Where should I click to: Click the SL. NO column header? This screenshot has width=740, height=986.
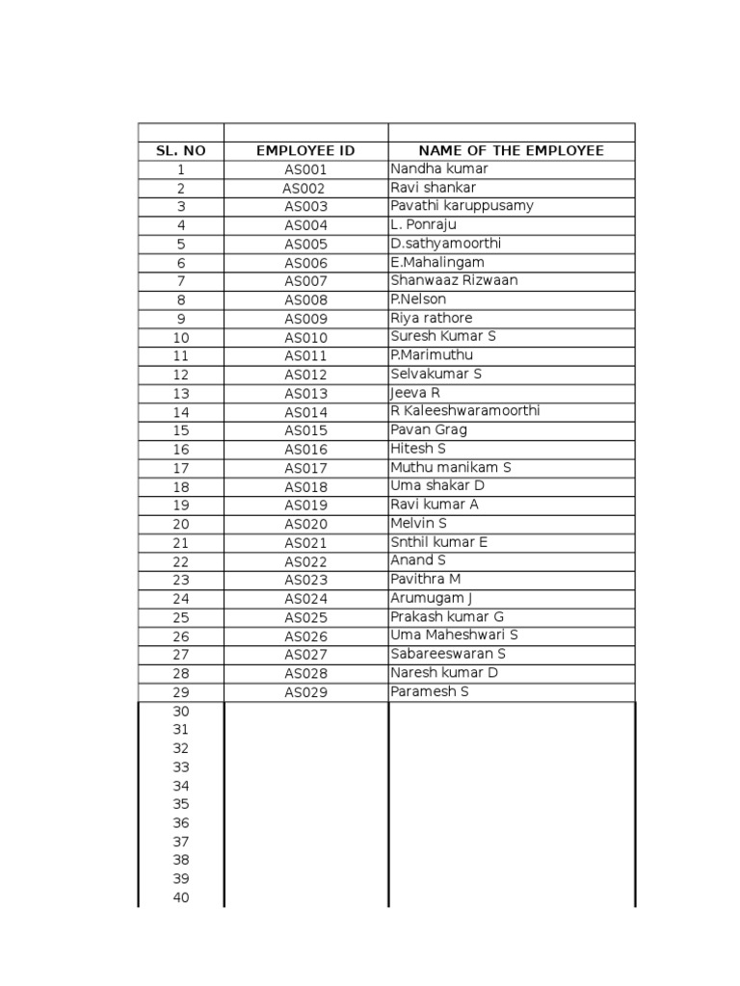181,151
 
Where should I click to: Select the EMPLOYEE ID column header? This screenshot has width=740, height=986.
305,151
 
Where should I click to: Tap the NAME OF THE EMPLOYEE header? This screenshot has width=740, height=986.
511,151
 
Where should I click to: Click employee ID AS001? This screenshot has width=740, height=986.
305,170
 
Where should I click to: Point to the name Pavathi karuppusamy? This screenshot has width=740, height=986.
462,206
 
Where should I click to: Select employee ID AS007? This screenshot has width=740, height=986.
305,282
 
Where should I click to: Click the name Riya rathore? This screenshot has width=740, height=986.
431,318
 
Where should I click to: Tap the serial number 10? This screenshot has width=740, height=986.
181,338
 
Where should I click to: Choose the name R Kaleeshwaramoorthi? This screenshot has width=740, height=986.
465,411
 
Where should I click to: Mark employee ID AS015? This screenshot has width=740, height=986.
305,431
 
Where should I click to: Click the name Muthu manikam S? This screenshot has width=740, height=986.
450,467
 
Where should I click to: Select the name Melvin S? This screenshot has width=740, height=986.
418,523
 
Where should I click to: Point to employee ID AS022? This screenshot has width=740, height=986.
305,562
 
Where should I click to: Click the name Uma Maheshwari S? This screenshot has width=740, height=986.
454,635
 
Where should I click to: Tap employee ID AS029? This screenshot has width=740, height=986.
305,693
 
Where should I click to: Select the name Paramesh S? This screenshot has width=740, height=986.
429,691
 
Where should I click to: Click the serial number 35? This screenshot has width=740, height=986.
181,805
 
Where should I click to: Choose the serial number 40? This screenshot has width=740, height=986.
181,898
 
